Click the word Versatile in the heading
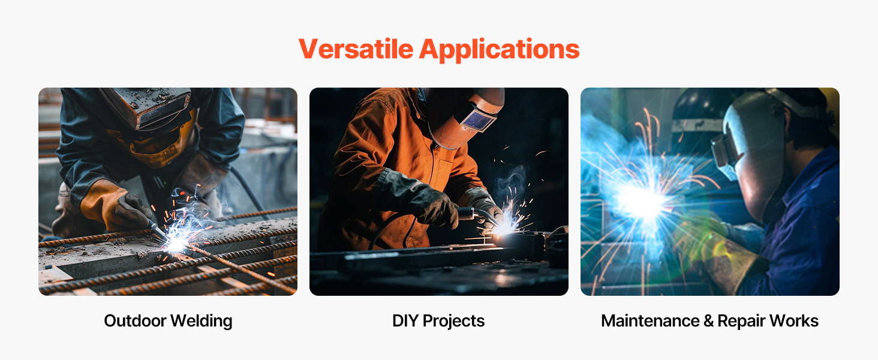[x=356, y=49]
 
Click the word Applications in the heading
[x=500, y=50]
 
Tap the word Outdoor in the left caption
[x=135, y=321]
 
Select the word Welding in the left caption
[x=202, y=321]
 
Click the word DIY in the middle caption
[x=405, y=321]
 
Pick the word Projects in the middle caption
[x=453, y=321]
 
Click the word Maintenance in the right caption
[x=650, y=321]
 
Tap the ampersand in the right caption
[x=709, y=321]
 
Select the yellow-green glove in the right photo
[x=721, y=255]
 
